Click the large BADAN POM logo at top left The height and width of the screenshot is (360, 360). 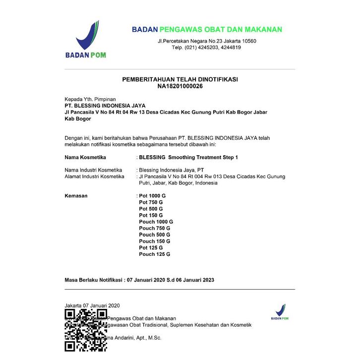pyautogui.click(x=87, y=40)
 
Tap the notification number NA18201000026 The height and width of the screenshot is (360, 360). pyautogui.click(x=180, y=86)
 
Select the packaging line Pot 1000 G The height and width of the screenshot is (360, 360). pyautogui.click(x=152, y=196)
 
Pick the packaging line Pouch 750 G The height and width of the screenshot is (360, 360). pyautogui.click(x=155, y=228)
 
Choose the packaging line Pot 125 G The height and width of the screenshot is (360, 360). pyautogui.click(x=151, y=247)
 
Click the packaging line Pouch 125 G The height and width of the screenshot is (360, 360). pyautogui.click(x=155, y=254)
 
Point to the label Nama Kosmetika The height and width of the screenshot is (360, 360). pyautogui.click(x=86, y=157)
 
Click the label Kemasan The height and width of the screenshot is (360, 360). pyautogui.click(x=76, y=196)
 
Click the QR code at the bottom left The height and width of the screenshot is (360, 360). pyautogui.click(x=86, y=330)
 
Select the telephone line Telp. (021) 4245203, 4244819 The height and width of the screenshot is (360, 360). pyautogui.click(x=206, y=48)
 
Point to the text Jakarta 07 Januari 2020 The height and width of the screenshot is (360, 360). pyautogui.click(x=92, y=305)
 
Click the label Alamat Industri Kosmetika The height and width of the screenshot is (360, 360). pyautogui.click(x=95, y=177)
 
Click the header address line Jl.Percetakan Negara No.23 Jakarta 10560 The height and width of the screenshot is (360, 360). pyautogui.click(x=207, y=41)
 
